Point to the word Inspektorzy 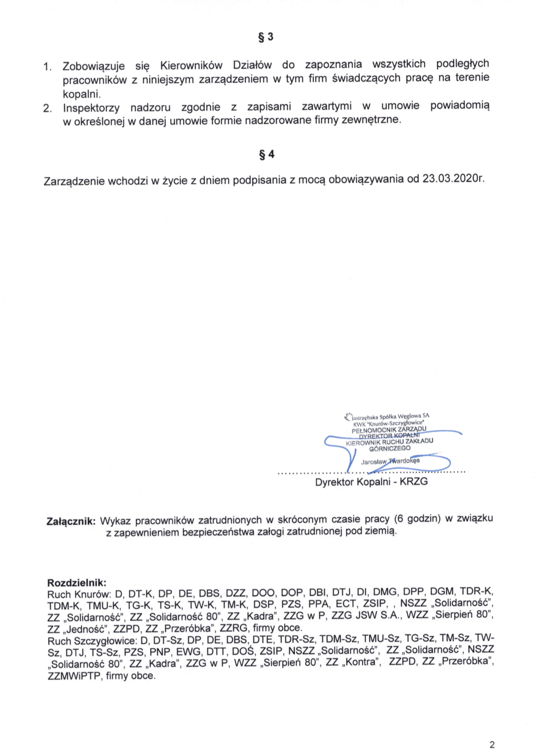click(91, 108)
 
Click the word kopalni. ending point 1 click(82, 94)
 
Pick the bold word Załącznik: click(71, 521)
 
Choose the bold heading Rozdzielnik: click(77, 583)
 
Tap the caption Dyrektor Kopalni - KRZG click(371, 482)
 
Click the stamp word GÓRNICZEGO click(390, 448)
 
